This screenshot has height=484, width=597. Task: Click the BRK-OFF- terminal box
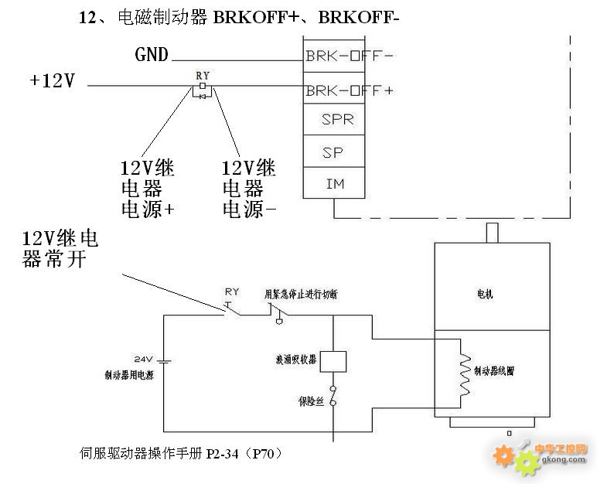click(x=333, y=56)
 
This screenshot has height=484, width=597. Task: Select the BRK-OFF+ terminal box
click(x=333, y=90)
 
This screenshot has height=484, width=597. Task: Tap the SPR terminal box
click(x=333, y=121)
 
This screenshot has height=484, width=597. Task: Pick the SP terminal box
click(x=333, y=152)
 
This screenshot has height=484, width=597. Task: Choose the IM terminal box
click(x=333, y=184)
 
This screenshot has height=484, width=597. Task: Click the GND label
click(x=152, y=55)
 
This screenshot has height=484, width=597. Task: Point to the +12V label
click(x=53, y=80)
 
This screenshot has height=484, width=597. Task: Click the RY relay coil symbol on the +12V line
click(x=203, y=89)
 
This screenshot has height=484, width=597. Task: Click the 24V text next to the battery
click(x=145, y=360)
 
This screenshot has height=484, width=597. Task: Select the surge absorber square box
click(x=333, y=361)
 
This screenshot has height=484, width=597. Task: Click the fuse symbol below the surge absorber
click(x=333, y=396)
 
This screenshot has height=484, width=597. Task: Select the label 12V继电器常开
click(x=60, y=247)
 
